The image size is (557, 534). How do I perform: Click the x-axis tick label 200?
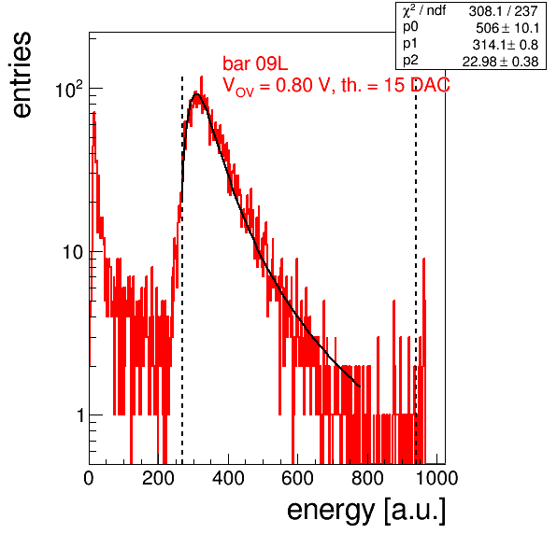click(x=158, y=479)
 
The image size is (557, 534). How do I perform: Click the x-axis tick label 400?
click(x=228, y=479)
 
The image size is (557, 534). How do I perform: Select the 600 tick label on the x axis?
click(x=298, y=479)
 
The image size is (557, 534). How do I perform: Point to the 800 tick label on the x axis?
click(x=367, y=479)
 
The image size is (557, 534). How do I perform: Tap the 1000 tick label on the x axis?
click(x=436, y=479)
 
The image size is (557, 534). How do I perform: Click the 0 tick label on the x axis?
click(x=89, y=479)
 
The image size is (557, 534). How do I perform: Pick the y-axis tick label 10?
click(x=73, y=253)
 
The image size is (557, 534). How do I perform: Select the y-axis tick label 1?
click(x=80, y=415)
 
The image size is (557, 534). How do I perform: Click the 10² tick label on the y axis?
click(x=69, y=89)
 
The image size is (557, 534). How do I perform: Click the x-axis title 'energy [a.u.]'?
click(x=366, y=512)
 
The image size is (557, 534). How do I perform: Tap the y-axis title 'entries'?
click(x=22, y=75)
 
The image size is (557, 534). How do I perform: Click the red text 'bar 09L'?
click(x=255, y=63)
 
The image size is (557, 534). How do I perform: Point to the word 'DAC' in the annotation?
click(x=430, y=85)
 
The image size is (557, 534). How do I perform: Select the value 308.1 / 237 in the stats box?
click(x=503, y=11)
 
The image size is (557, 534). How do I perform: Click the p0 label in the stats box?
click(x=410, y=27)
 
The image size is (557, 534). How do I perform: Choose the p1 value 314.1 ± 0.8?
click(x=506, y=45)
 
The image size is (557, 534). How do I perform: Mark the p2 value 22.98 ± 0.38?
click(x=500, y=62)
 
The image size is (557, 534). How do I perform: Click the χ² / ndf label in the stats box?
click(x=423, y=11)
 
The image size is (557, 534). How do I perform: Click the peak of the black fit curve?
click(x=196, y=94)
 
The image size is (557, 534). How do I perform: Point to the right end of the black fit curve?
click(x=360, y=386)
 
